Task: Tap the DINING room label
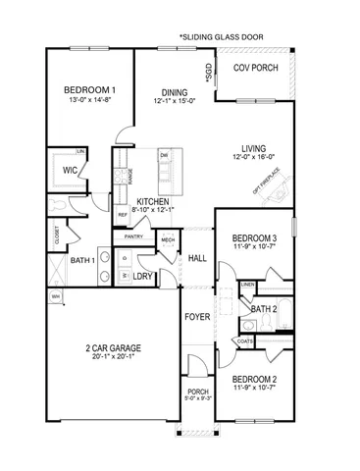[x=174, y=89]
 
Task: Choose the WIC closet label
[x=69, y=170]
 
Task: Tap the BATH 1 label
[x=83, y=260]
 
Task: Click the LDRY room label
[x=155, y=277]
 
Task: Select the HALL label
[x=196, y=257]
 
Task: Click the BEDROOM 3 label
[x=254, y=238]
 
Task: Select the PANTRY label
[x=134, y=237]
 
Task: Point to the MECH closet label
[x=168, y=239]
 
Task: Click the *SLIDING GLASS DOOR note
[x=222, y=34]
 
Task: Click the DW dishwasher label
[x=164, y=156]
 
